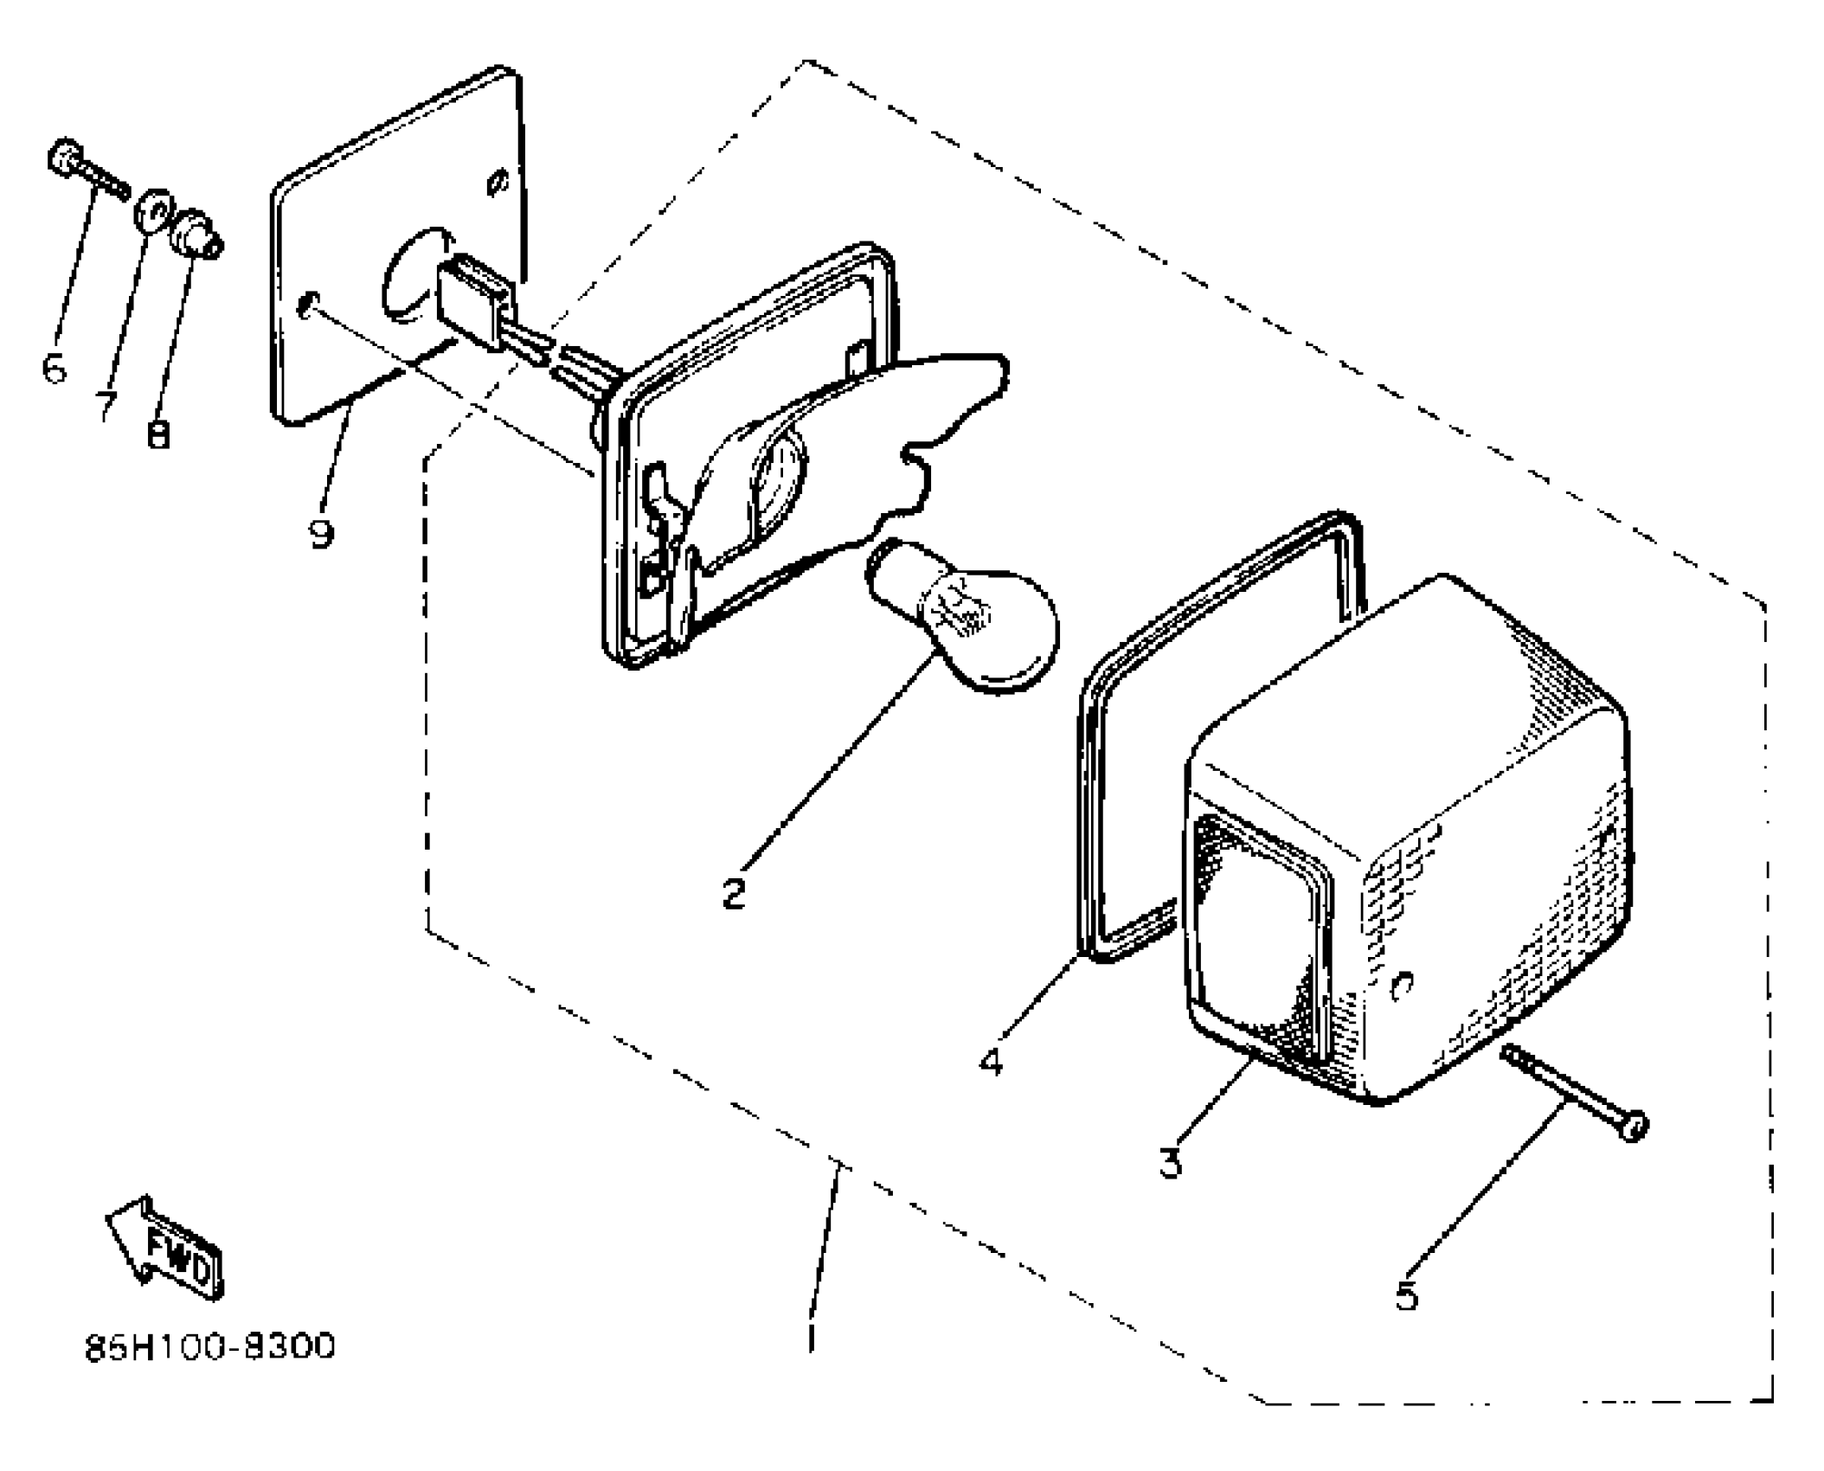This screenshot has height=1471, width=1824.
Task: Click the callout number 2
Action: (734, 893)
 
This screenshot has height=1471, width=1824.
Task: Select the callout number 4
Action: (992, 1060)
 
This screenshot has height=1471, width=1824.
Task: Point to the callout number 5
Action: (1407, 1295)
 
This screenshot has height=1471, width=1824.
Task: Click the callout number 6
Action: (54, 369)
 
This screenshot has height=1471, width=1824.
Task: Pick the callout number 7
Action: (106, 404)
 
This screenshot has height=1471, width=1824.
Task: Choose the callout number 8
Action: (158, 433)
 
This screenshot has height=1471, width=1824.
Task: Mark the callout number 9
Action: (321, 533)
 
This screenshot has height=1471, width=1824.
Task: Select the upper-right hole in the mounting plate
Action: (497, 184)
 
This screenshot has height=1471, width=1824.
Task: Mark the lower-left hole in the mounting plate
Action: (306, 305)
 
